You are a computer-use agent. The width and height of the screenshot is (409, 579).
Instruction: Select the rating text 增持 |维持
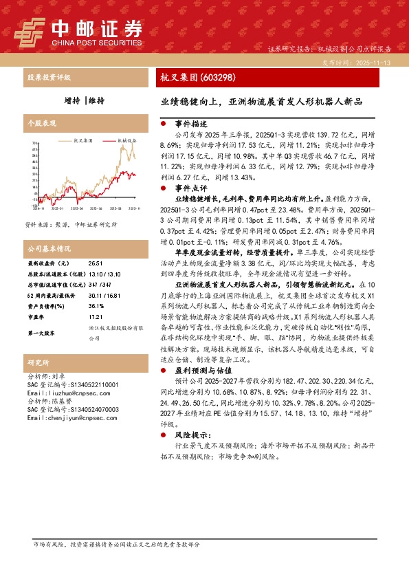pyautogui.click(x=89, y=100)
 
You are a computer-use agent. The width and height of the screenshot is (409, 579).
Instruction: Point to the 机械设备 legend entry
pyautogui.click(x=127, y=138)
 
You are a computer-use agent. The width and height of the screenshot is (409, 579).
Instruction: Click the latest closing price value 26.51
pyautogui.click(x=96, y=264)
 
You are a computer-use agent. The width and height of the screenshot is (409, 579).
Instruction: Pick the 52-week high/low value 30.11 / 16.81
pyautogui.click(x=100, y=295)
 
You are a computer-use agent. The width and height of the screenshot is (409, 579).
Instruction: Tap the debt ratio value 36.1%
pyautogui.click(x=96, y=306)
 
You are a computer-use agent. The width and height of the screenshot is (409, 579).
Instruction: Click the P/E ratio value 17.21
pyautogui.click(x=95, y=317)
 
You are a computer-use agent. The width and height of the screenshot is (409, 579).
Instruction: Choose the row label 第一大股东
pyautogui.click(x=43, y=332)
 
